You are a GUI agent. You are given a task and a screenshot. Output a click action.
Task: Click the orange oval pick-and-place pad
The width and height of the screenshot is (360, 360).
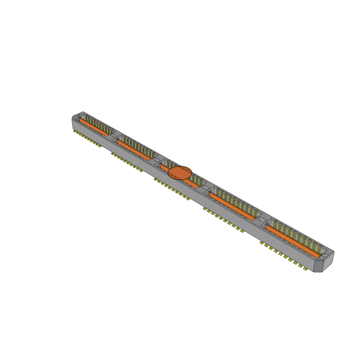[180, 173]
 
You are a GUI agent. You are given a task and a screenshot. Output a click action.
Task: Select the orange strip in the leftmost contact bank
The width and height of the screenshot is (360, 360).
[94, 127]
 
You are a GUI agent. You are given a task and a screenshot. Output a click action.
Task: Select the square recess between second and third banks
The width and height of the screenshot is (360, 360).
[157, 159]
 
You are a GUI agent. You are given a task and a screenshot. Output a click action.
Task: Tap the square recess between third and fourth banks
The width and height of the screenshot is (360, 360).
[205, 187]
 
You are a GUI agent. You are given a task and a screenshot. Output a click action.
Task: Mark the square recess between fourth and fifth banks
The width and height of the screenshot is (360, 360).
[262, 219]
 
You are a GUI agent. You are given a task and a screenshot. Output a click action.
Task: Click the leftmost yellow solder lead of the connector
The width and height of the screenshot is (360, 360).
[75, 131]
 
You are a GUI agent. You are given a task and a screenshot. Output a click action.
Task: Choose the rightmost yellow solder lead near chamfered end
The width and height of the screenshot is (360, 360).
[306, 270]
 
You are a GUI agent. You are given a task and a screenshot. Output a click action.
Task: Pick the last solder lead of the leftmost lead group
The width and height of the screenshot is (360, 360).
[100, 146]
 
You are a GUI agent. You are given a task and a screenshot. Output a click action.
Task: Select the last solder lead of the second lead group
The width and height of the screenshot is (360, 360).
[141, 171]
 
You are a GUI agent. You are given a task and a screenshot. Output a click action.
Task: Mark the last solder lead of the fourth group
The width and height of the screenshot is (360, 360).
[242, 231]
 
